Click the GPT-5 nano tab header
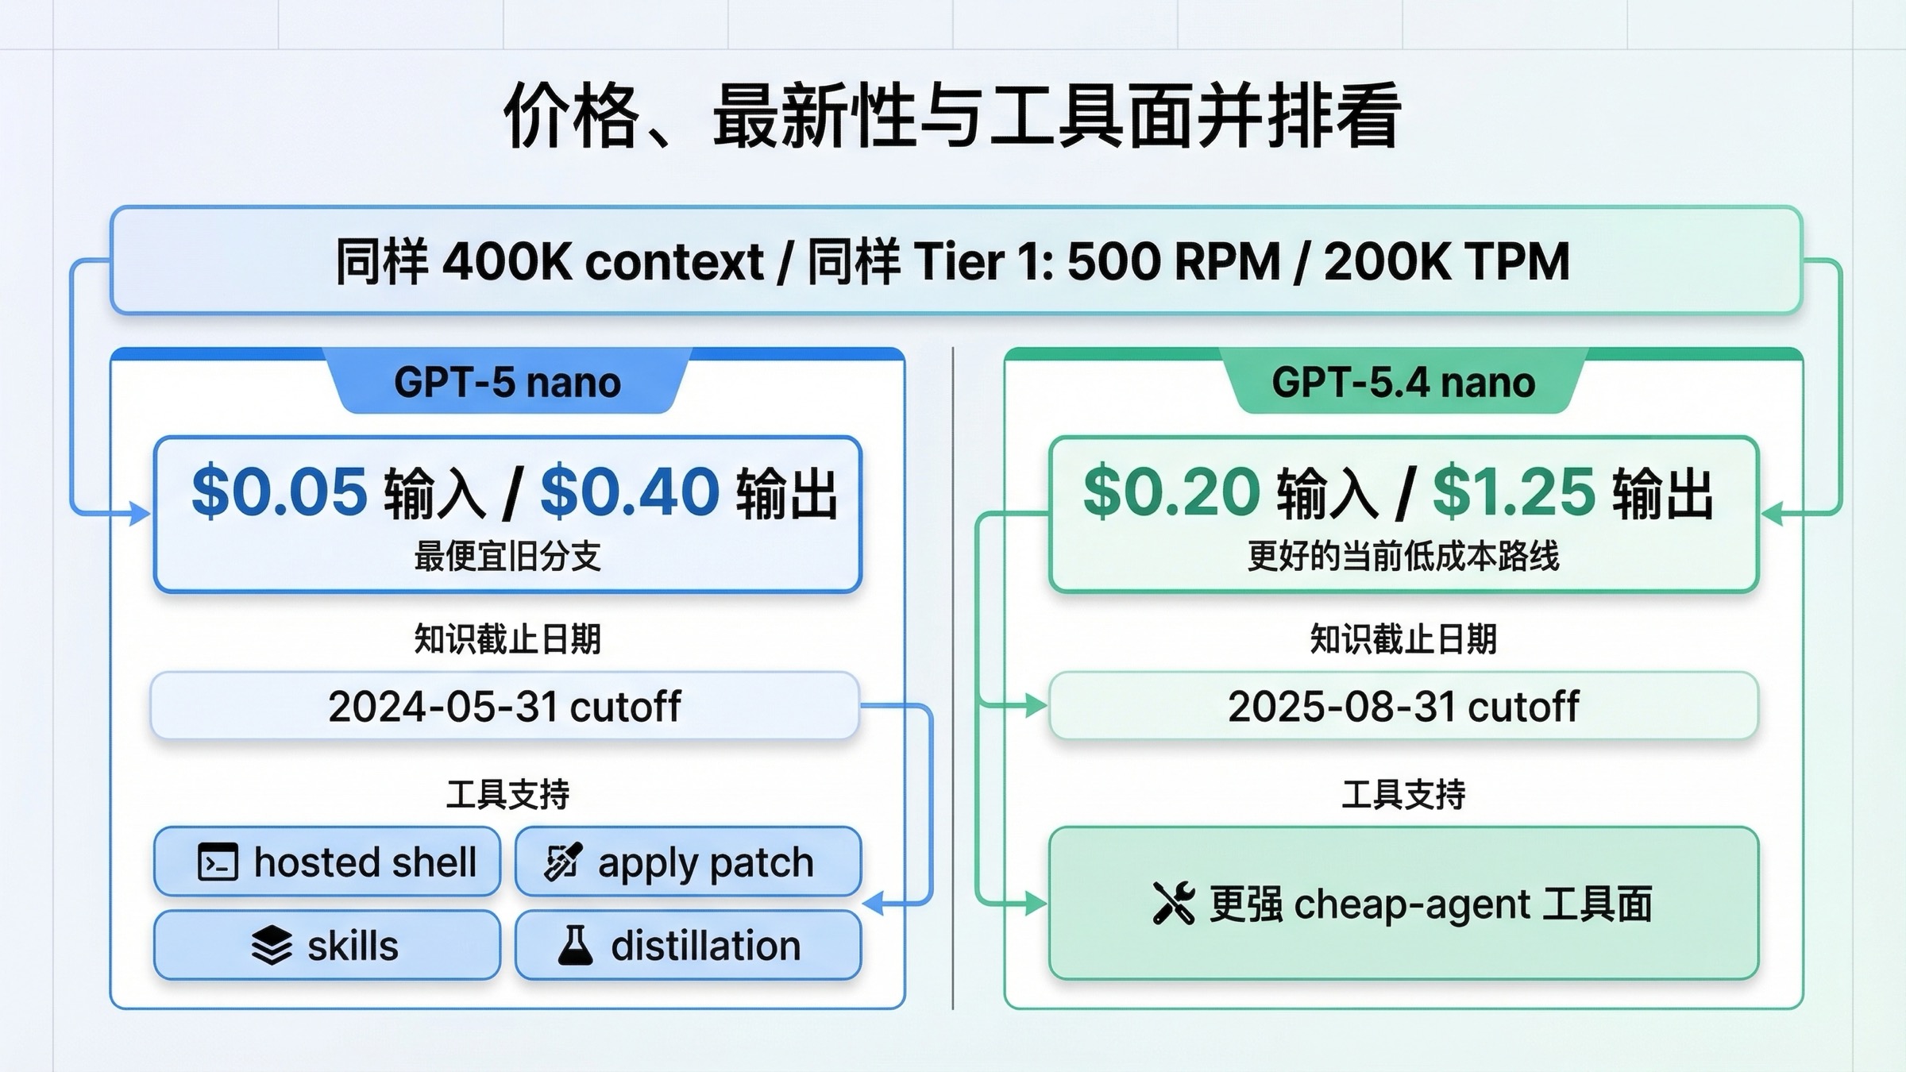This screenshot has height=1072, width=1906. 507,382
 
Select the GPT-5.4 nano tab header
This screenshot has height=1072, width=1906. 1403,382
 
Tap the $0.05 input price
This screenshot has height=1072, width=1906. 280,492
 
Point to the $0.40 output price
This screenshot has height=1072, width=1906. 630,492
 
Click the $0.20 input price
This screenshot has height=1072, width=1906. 1171,492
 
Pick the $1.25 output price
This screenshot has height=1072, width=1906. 1514,492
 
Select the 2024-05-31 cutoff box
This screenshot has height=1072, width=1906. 505,706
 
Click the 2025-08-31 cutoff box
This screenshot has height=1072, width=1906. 1403,706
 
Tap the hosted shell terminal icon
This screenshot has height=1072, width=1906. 218,862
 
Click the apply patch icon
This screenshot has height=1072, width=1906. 563,862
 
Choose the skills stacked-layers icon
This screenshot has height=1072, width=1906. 272,946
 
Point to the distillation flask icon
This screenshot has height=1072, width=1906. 575,945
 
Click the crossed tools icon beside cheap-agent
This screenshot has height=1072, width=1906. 1173,904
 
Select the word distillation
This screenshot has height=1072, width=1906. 705,946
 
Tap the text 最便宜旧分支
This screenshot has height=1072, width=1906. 507,556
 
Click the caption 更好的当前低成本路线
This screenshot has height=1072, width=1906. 1403,556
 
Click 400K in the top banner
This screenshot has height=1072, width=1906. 507,261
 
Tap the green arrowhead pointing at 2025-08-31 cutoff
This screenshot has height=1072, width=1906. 1036,705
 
